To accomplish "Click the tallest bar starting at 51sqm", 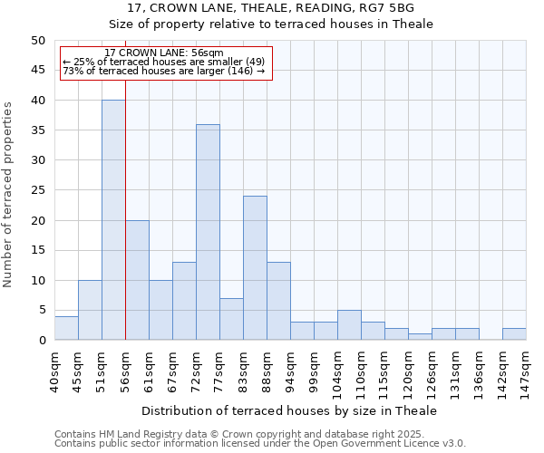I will tap(113, 220).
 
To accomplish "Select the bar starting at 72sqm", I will tap(208, 232).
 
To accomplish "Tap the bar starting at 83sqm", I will tap(255, 268).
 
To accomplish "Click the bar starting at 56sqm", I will tap(137, 280).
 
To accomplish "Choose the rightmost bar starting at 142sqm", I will tap(514, 334).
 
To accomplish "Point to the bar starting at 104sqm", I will tap(349, 325).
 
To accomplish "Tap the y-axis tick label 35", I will tap(37, 130).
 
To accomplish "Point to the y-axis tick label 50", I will tap(37, 41).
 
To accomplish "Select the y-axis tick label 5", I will tap(41, 310).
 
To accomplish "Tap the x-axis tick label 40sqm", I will tap(54, 369).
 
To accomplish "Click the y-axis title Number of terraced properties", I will tap(9, 194).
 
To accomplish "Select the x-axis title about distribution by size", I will tap(289, 410).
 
